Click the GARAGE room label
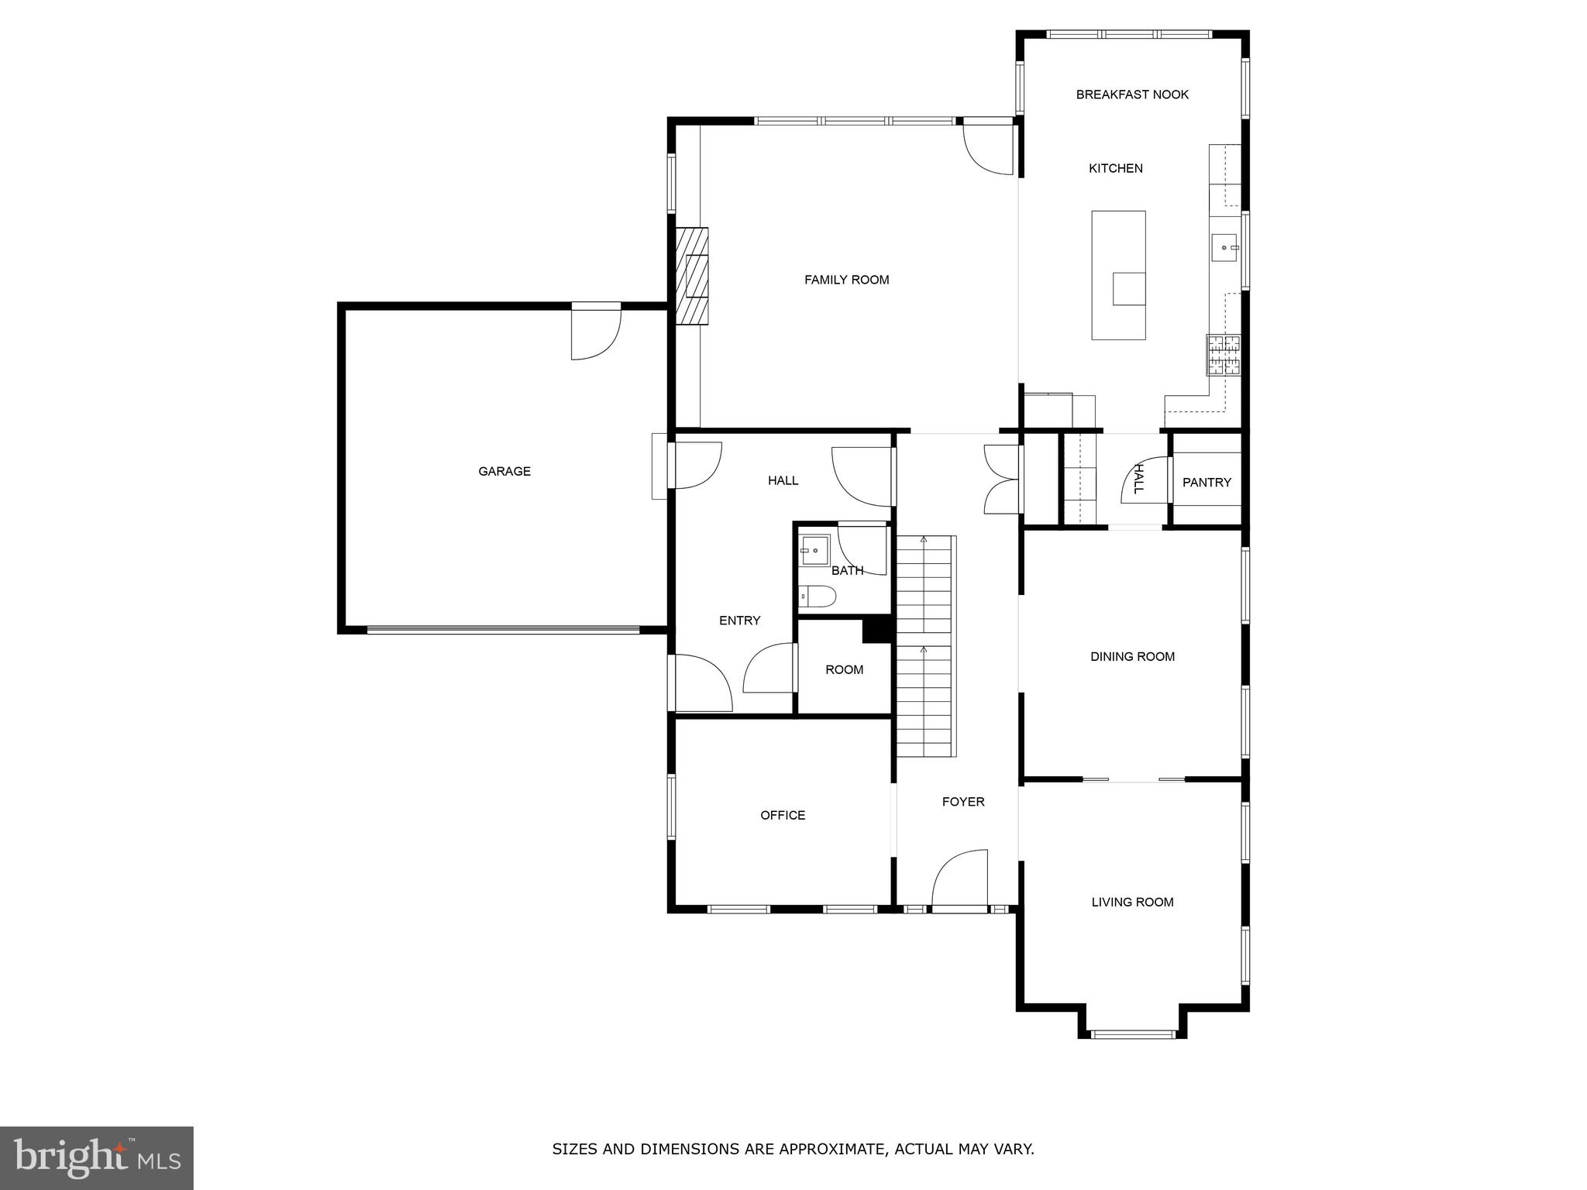click(x=504, y=471)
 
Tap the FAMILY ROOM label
click(x=846, y=280)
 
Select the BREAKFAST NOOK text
click(x=1132, y=95)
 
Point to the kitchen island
click(x=1118, y=275)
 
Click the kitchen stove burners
click(x=1223, y=355)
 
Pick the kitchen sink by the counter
click(x=1224, y=248)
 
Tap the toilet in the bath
click(x=818, y=597)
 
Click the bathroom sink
click(x=814, y=550)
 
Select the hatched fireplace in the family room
click(x=691, y=276)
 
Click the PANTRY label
click(x=1207, y=483)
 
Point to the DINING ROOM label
click(x=1132, y=657)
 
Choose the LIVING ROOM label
click(x=1132, y=902)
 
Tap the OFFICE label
click(x=783, y=815)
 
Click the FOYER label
click(x=963, y=802)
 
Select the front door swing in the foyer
click(x=961, y=879)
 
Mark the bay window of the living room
click(x=1132, y=1034)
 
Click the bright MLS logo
click(x=97, y=1157)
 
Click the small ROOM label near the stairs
click(x=844, y=669)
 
